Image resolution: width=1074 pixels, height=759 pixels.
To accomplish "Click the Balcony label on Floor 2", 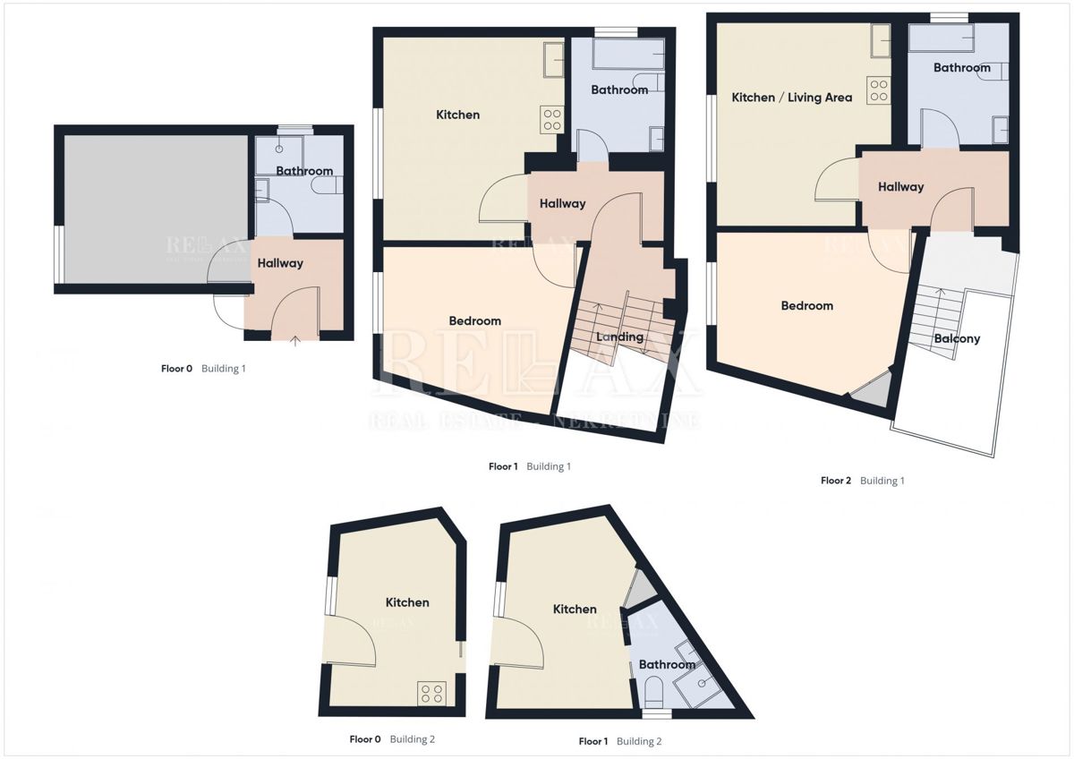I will [957, 338].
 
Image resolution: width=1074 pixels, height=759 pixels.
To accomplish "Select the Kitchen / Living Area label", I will [791, 97].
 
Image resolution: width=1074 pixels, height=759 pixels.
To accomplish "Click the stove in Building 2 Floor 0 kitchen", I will [432, 693].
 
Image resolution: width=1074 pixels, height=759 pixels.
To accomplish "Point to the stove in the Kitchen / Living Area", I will [879, 90].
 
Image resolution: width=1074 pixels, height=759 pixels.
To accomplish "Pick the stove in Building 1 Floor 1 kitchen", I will [550, 120].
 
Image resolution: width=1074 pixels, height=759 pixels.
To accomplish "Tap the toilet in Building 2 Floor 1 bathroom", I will [654, 691].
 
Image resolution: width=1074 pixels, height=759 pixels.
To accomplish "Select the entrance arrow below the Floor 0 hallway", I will [296, 338].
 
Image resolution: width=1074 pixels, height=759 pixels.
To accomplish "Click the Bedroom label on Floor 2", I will [806, 305].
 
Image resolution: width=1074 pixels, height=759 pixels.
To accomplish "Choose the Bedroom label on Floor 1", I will [474, 320].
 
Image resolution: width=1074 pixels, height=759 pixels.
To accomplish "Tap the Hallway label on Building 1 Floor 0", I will [280, 263].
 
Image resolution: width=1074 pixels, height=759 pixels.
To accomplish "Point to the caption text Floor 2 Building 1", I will [862, 481].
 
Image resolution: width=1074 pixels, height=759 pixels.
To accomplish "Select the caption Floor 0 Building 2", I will [392, 739].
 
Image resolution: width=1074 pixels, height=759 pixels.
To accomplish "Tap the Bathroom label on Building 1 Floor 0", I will [304, 170].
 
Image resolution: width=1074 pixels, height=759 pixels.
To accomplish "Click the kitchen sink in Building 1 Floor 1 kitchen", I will [552, 60].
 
